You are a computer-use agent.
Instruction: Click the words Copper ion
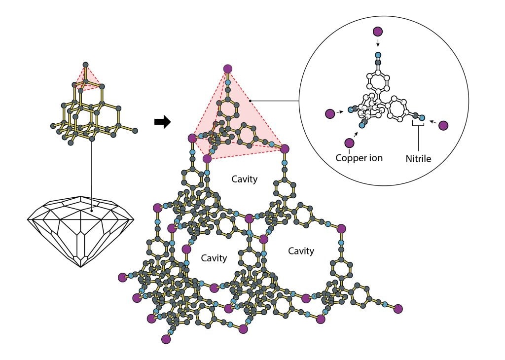coord(360,158)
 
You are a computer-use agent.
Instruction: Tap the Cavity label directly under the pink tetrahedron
coord(245,179)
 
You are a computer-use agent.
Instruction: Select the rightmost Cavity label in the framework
coord(301,251)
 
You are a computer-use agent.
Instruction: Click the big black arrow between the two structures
coord(162,122)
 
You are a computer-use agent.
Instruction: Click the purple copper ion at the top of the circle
coord(378,32)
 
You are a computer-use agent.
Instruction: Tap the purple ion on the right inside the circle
coord(443,126)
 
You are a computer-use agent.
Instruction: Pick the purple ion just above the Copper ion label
coord(350,143)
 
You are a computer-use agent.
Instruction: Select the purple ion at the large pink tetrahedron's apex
coord(227,69)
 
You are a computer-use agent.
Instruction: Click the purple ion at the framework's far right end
coord(398,309)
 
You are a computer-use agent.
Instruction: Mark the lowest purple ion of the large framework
coord(166,339)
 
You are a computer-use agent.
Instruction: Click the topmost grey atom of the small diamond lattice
coord(85,65)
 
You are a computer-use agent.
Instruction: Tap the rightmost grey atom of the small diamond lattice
coord(135,131)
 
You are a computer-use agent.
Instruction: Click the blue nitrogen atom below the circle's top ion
coord(378,55)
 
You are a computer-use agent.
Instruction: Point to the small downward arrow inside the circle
coord(378,43)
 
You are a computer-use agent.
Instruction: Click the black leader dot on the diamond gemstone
coord(92,211)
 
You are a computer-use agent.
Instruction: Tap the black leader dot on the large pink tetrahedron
coord(251,101)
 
